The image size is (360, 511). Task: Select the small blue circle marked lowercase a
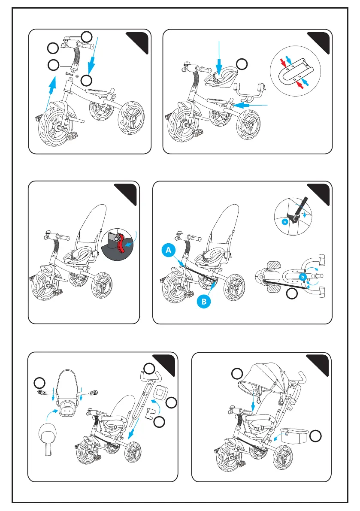tap(284, 223)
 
